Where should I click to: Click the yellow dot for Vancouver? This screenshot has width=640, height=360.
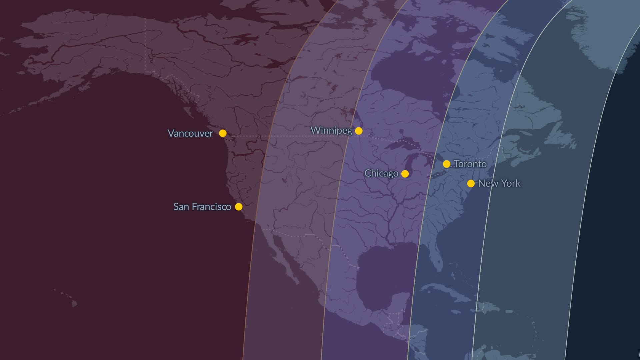223,133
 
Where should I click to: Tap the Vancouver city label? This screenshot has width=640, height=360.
190,133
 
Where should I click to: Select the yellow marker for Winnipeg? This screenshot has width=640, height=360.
359,131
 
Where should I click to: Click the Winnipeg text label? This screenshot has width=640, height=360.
331,130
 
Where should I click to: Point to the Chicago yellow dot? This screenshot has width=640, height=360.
405,174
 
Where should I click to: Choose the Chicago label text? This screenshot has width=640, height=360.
381,173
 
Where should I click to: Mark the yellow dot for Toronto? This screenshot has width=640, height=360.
447,164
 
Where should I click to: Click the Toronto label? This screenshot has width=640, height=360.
470,164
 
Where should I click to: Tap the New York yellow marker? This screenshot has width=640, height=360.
471,183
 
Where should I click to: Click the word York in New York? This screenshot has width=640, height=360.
511,183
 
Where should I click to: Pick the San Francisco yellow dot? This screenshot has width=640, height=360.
239,207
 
